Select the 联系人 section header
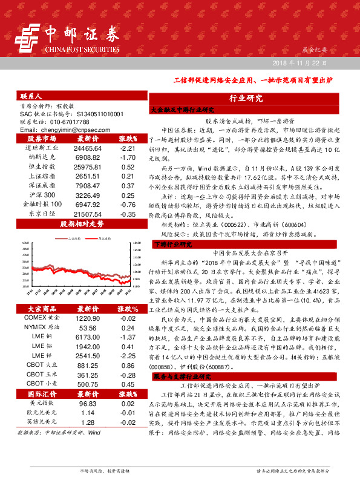[31, 96]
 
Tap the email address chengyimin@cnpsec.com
[62, 130]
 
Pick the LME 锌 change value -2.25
[127, 356]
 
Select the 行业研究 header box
[246, 99]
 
